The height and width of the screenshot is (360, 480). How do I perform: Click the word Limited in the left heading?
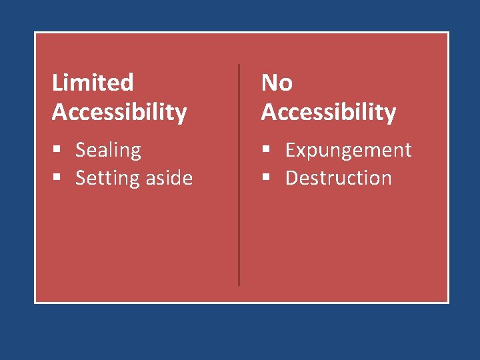93,83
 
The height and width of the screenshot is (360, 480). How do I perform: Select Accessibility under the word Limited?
119,112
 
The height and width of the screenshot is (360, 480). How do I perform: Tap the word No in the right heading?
277,83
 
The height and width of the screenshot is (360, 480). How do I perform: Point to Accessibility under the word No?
329,112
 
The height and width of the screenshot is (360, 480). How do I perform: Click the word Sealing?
108,151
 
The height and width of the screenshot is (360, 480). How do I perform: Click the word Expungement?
348,151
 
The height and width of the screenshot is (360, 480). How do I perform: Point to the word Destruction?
338,178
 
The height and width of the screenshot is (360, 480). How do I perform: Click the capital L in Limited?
57,83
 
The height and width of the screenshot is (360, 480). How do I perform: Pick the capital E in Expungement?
290,150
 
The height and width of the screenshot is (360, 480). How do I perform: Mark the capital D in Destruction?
291,178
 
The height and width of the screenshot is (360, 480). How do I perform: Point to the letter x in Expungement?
301,151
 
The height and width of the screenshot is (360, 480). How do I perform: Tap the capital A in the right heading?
269,112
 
